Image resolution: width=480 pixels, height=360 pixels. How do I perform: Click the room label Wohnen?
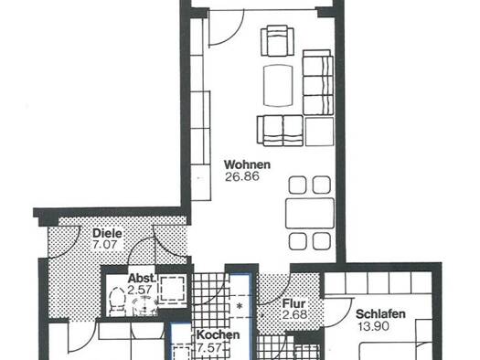point(248,164)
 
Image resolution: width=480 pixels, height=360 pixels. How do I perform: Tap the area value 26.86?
point(242,176)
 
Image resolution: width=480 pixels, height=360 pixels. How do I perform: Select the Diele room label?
point(107,233)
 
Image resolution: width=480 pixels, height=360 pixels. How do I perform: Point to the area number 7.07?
point(104,245)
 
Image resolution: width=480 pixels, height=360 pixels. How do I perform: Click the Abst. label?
point(142,279)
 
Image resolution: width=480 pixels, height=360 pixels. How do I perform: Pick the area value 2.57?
point(140,290)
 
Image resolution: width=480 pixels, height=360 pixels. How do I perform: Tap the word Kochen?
point(218,334)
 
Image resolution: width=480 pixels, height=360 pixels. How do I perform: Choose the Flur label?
point(293,303)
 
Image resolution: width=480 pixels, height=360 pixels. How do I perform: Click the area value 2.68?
point(294,314)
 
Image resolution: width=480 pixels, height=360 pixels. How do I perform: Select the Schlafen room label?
point(380,314)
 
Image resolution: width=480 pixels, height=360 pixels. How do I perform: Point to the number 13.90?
point(374,326)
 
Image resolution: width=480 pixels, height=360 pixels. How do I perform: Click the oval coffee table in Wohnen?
point(278,85)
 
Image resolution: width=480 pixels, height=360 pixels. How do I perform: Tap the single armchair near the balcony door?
point(277,41)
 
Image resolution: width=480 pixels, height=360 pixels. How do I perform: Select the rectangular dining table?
point(310,213)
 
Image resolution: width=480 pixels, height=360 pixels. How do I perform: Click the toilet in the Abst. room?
point(117,301)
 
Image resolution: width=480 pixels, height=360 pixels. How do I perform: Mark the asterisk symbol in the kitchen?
point(240,305)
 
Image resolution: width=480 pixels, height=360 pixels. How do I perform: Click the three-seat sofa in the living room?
point(318,82)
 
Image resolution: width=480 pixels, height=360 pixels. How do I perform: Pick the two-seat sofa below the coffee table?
point(280,131)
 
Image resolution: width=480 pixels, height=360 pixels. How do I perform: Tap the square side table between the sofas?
point(319,132)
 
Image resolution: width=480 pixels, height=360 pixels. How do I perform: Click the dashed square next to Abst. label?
point(173,289)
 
